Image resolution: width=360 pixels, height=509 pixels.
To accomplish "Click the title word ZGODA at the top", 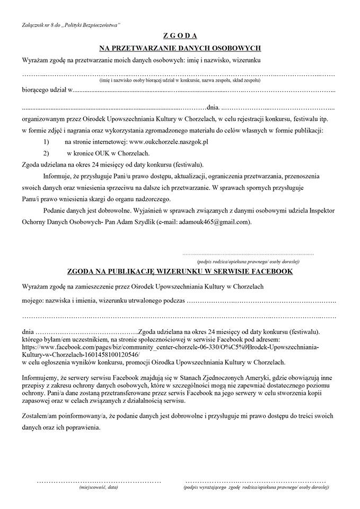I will [180, 36].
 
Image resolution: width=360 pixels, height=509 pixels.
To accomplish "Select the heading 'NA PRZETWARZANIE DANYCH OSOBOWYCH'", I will [180, 48].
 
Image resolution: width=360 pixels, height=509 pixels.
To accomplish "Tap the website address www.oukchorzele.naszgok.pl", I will [169, 142].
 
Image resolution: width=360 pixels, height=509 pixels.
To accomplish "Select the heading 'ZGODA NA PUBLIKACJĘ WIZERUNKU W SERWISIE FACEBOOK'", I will [180, 271].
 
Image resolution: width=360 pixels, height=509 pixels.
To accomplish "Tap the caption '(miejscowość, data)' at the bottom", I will [98, 486].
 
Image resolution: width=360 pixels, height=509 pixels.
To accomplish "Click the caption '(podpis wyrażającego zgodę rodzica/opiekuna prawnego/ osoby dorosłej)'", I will [254, 486].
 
